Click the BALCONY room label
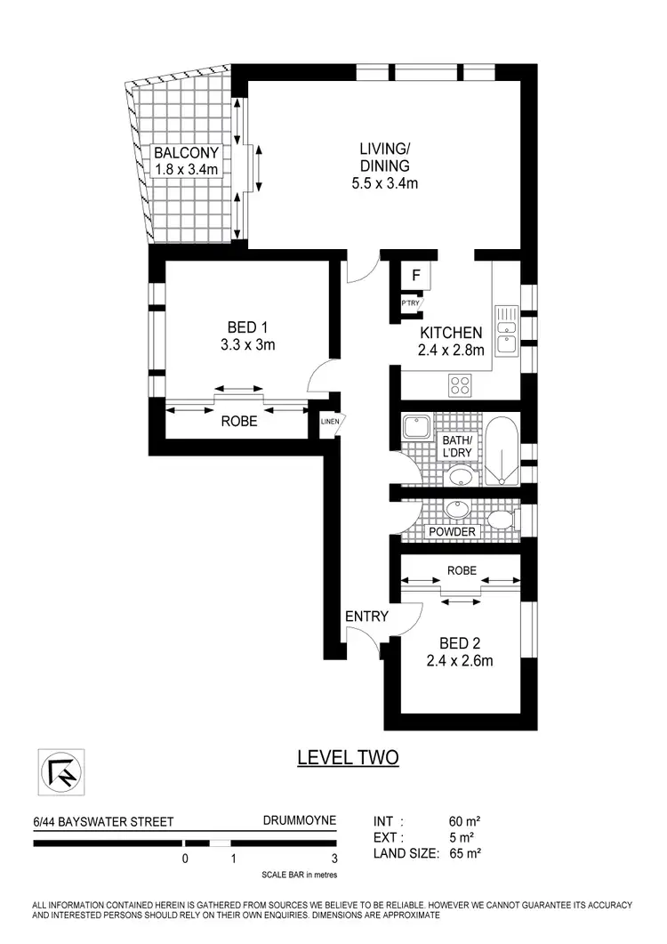click(185, 153)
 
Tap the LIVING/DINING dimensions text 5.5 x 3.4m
click(384, 184)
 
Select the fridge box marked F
click(415, 276)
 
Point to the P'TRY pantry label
click(411, 304)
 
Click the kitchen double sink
click(506, 329)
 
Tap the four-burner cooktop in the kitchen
click(461, 385)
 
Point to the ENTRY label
click(366, 615)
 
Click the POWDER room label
click(453, 531)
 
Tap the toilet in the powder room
click(501, 519)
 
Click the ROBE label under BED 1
click(239, 422)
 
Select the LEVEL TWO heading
click(347, 757)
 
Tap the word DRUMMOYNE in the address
click(300, 821)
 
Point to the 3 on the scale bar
click(334, 859)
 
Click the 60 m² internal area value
click(466, 821)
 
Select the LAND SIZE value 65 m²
click(466, 853)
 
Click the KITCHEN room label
click(451, 332)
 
